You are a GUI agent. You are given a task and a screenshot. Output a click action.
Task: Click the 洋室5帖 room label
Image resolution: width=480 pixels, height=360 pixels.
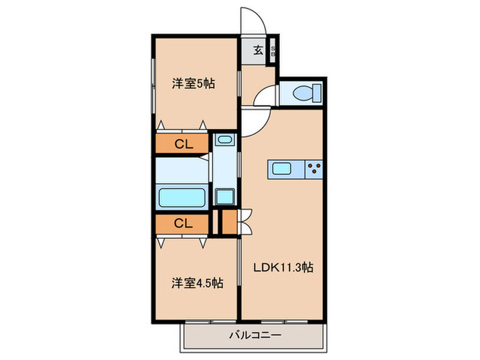(x=193, y=84)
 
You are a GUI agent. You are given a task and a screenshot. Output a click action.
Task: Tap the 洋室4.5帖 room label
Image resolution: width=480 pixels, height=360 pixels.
(x=197, y=282)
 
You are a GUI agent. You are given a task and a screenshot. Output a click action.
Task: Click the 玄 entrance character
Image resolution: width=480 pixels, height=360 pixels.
(x=258, y=49)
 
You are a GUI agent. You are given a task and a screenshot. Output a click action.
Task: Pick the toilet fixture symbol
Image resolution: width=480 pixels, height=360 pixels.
(x=302, y=92)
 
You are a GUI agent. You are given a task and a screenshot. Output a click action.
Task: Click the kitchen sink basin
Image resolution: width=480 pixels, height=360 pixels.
(x=283, y=169)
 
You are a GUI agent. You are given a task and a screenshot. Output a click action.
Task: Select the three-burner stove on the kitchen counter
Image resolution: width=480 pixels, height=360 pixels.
(x=314, y=169)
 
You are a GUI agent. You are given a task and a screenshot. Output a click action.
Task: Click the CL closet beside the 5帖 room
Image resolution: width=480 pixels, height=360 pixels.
(x=182, y=144)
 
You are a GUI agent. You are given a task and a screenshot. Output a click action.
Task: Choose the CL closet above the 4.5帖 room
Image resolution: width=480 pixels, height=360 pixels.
(x=182, y=223)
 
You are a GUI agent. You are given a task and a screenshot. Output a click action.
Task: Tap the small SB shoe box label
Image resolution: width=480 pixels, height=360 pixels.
(x=273, y=50)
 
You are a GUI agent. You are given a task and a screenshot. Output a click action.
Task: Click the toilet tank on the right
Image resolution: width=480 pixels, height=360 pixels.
(x=316, y=92)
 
